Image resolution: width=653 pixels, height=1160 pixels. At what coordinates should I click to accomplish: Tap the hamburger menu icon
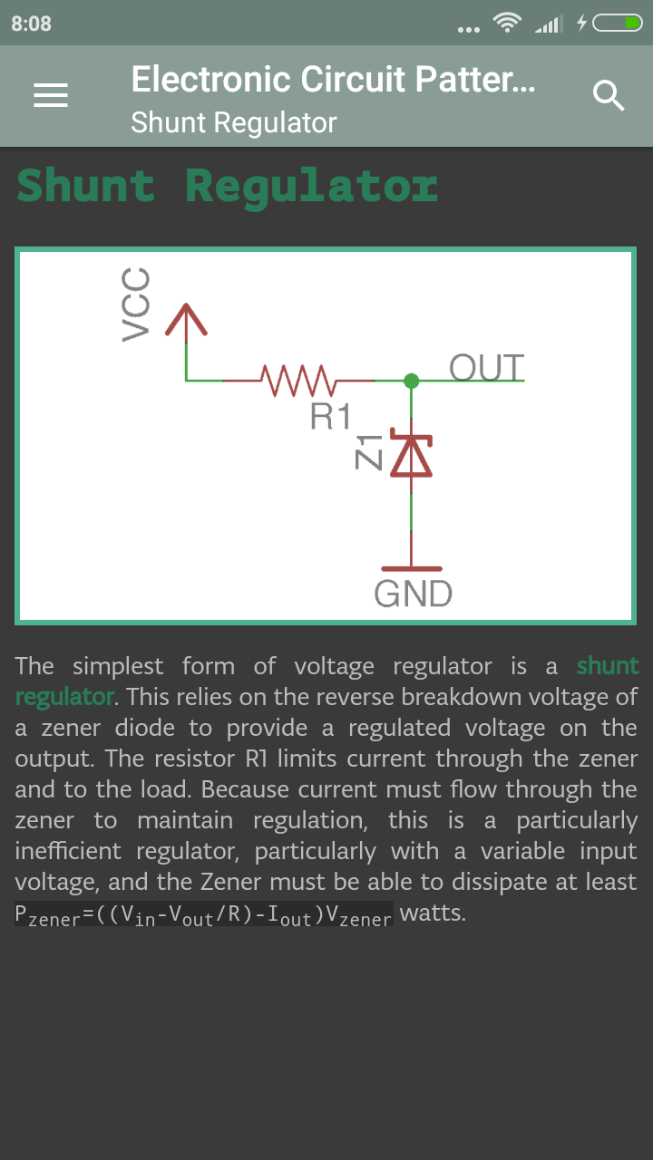(51, 95)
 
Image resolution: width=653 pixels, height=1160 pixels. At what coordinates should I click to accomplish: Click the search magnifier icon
(609, 95)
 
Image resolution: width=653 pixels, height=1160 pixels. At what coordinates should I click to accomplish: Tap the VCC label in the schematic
(135, 304)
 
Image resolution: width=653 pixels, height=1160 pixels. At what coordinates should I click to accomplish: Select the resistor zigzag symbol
(297, 380)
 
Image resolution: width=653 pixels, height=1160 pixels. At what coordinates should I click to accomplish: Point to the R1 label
(330, 416)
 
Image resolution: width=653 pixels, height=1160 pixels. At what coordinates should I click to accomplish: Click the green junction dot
(412, 381)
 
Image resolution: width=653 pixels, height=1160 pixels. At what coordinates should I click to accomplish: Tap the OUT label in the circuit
(486, 368)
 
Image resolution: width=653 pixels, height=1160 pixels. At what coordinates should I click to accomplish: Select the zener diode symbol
(413, 456)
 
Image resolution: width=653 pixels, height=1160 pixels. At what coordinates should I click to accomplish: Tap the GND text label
(413, 594)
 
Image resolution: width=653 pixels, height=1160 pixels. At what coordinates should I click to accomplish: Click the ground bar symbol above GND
(413, 568)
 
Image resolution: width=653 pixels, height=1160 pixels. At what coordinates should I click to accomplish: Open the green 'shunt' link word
(608, 666)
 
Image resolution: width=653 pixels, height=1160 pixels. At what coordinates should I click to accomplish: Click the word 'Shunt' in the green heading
(86, 186)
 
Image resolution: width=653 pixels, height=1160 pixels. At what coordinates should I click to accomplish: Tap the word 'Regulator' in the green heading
(311, 186)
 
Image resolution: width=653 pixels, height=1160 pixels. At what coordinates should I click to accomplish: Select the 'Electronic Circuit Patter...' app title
(333, 80)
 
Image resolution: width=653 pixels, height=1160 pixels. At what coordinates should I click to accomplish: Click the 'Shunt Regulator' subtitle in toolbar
(233, 122)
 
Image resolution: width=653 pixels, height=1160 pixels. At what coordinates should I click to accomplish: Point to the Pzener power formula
(203, 914)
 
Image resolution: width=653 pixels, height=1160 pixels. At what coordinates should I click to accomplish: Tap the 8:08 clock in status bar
(32, 24)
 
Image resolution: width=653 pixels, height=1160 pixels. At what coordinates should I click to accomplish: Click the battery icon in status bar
(618, 24)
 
